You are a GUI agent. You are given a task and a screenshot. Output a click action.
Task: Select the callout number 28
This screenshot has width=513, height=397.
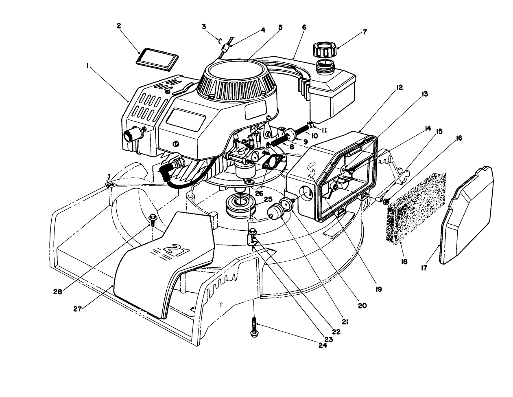(x=58, y=291)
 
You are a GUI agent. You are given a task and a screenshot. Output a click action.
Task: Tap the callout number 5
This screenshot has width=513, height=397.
(x=280, y=27)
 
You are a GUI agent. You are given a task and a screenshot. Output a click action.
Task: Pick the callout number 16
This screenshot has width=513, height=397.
(x=459, y=138)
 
